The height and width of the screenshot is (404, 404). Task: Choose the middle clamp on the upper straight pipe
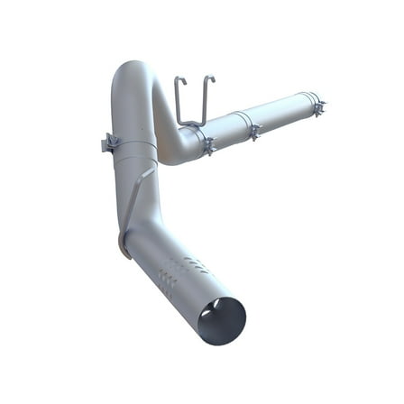tap(254, 131)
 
